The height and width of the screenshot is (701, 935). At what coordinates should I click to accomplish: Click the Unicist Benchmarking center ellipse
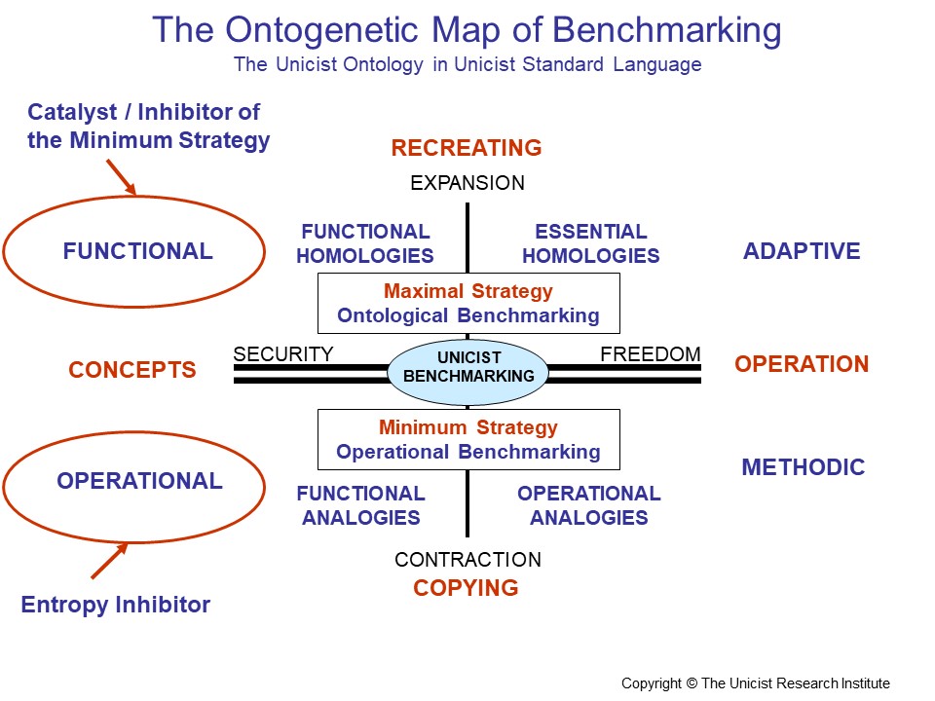click(x=468, y=368)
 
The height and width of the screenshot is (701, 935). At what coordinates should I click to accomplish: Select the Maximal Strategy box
click(x=468, y=303)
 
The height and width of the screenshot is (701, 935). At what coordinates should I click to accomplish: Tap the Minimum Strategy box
click(x=468, y=439)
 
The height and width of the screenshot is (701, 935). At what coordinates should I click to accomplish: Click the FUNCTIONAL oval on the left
click(x=134, y=251)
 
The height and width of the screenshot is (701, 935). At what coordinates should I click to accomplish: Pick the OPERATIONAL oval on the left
click(x=134, y=481)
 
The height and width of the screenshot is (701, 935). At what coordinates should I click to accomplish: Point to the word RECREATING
click(x=467, y=148)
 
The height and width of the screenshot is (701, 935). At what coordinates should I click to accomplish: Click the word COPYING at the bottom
click(x=466, y=588)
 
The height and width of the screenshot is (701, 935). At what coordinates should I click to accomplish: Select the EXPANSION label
click(x=467, y=183)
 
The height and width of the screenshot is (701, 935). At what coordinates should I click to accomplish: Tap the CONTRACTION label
click(x=467, y=560)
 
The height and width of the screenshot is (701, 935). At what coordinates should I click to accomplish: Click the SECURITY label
click(x=283, y=354)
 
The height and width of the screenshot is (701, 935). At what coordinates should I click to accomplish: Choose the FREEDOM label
click(x=651, y=354)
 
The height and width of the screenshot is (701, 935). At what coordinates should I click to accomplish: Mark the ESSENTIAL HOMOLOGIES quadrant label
click(x=591, y=244)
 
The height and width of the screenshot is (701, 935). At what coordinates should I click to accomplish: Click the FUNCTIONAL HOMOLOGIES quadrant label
click(x=365, y=244)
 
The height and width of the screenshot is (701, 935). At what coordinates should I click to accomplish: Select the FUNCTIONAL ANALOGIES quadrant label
click(x=361, y=505)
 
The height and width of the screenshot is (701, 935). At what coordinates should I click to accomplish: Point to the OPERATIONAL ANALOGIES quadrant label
click(x=589, y=505)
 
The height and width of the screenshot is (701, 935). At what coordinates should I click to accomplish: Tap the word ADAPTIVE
click(x=802, y=251)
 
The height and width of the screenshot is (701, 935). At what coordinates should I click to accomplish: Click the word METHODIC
click(x=804, y=467)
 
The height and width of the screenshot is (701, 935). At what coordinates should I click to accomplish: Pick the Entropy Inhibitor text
click(x=116, y=605)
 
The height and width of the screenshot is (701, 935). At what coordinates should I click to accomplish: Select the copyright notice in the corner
click(x=756, y=683)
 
